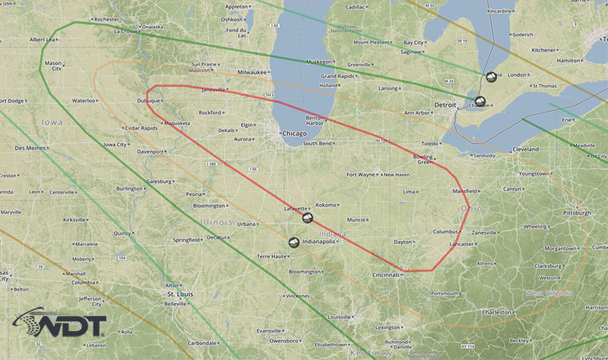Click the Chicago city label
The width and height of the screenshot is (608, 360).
pyautogui.click(x=294, y=134)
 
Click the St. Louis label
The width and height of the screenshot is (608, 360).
pyautogui.click(x=182, y=292)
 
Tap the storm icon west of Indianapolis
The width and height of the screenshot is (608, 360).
pyautogui.click(x=294, y=243)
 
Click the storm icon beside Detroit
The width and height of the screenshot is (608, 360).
pyautogui.click(x=480, y=101)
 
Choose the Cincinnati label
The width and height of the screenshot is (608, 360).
pyautogui.click(x=385, y=275)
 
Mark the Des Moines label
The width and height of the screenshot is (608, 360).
pyautogui.click(x=30, y=147)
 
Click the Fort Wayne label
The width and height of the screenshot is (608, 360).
pyautogui.click(x=363, y=175)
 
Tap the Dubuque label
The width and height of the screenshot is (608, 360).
pyautogui.click(x=147, y=100)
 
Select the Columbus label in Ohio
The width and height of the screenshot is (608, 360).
pyautogui.click(x=445, y=232)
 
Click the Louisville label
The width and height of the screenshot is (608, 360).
pyautogui.click(x=339, y=317)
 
